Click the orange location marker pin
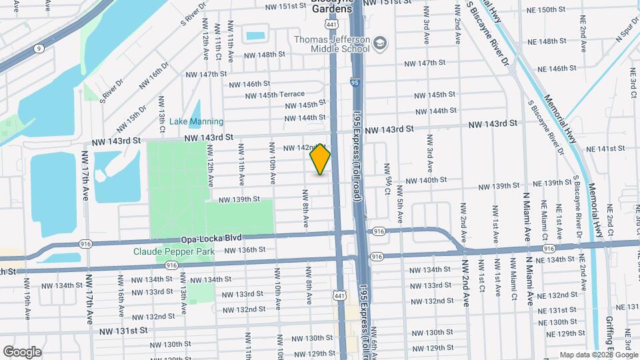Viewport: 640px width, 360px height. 321,159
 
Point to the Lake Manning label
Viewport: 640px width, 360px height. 196,121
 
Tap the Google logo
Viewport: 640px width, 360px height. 22,352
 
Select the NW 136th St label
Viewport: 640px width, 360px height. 245,250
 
